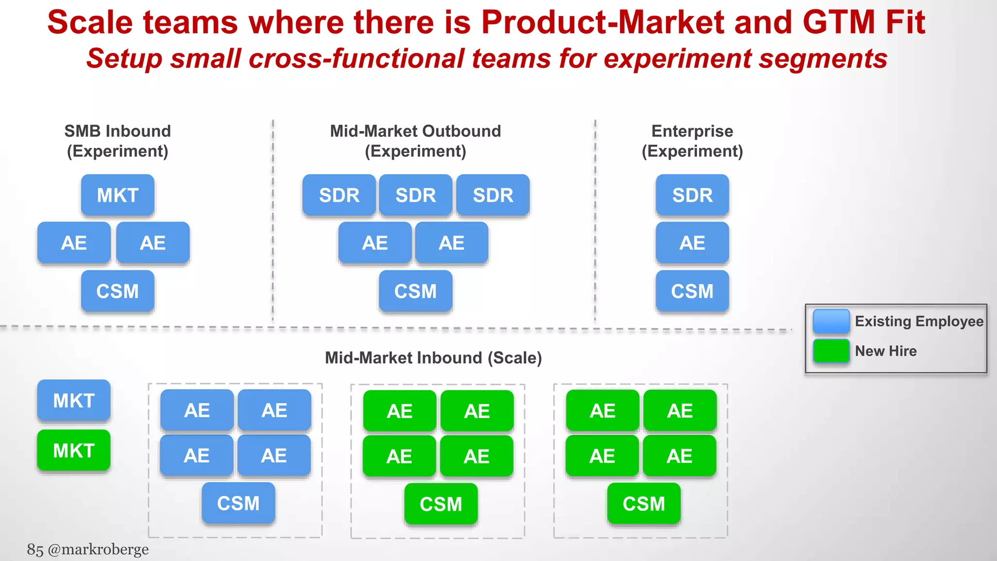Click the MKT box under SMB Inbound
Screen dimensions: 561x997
pyautogui.click(x=117, y=195)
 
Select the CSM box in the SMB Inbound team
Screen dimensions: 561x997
pyautogui.click(x=117, y=291)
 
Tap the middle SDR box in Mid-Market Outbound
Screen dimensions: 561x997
pyautogui.click(x=415, y=195)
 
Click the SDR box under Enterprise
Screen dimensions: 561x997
pyautogui.click(x=692, y=195)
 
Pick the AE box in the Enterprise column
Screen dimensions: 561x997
pyautogui.click(x=692, y=243)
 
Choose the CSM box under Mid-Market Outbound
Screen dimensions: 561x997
pyautogui.click(x=415, y=291)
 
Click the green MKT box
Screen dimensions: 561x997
pyautogui.click(x=74, y=450)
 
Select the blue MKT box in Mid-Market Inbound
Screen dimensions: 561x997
pyautogui.click(x=74, y=400)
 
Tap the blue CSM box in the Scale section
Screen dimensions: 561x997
pyautogui.click(x=238, y=503)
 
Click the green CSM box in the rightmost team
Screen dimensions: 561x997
pyautogui.click(x=644, y=504)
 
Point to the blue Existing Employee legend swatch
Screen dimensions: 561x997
pyautogui.click(x=831, y=321)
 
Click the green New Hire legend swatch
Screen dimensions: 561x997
pyautogui.click(x=831, y=351)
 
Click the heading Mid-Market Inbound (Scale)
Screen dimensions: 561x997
pyautogui.click(x=433, y=358)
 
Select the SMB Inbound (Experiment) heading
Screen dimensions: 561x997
pyautogui.click(x=117, y=141)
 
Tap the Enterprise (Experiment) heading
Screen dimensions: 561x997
pyautogui.click(x=692, y=141)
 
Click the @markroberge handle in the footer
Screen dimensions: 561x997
pyautogui.click(x=98, y=549)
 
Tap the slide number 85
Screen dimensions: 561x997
pyautogui.click(x=35, y=549)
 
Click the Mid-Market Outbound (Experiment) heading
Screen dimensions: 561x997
pyautogui.click(x=415, y=141)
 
